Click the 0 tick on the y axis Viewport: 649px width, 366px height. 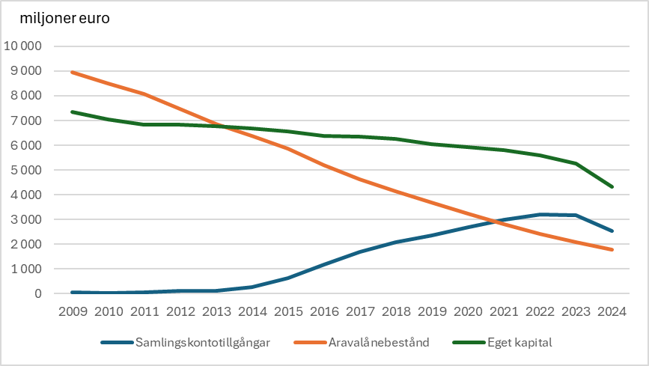pyautogui.click(x=37, y=293)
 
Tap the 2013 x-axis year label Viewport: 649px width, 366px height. pyautogui.click(x=217, y=310)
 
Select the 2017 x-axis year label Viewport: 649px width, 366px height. pyautogui.click(x=361, y=310)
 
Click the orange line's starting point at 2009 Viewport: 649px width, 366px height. pyautogui.click(x=72, y=73)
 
